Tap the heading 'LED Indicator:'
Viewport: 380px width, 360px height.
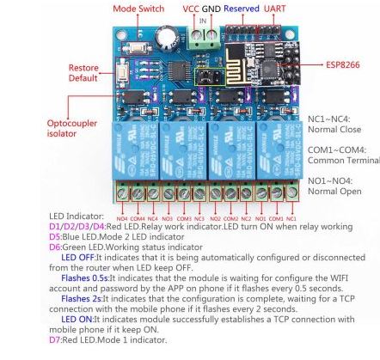77,217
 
